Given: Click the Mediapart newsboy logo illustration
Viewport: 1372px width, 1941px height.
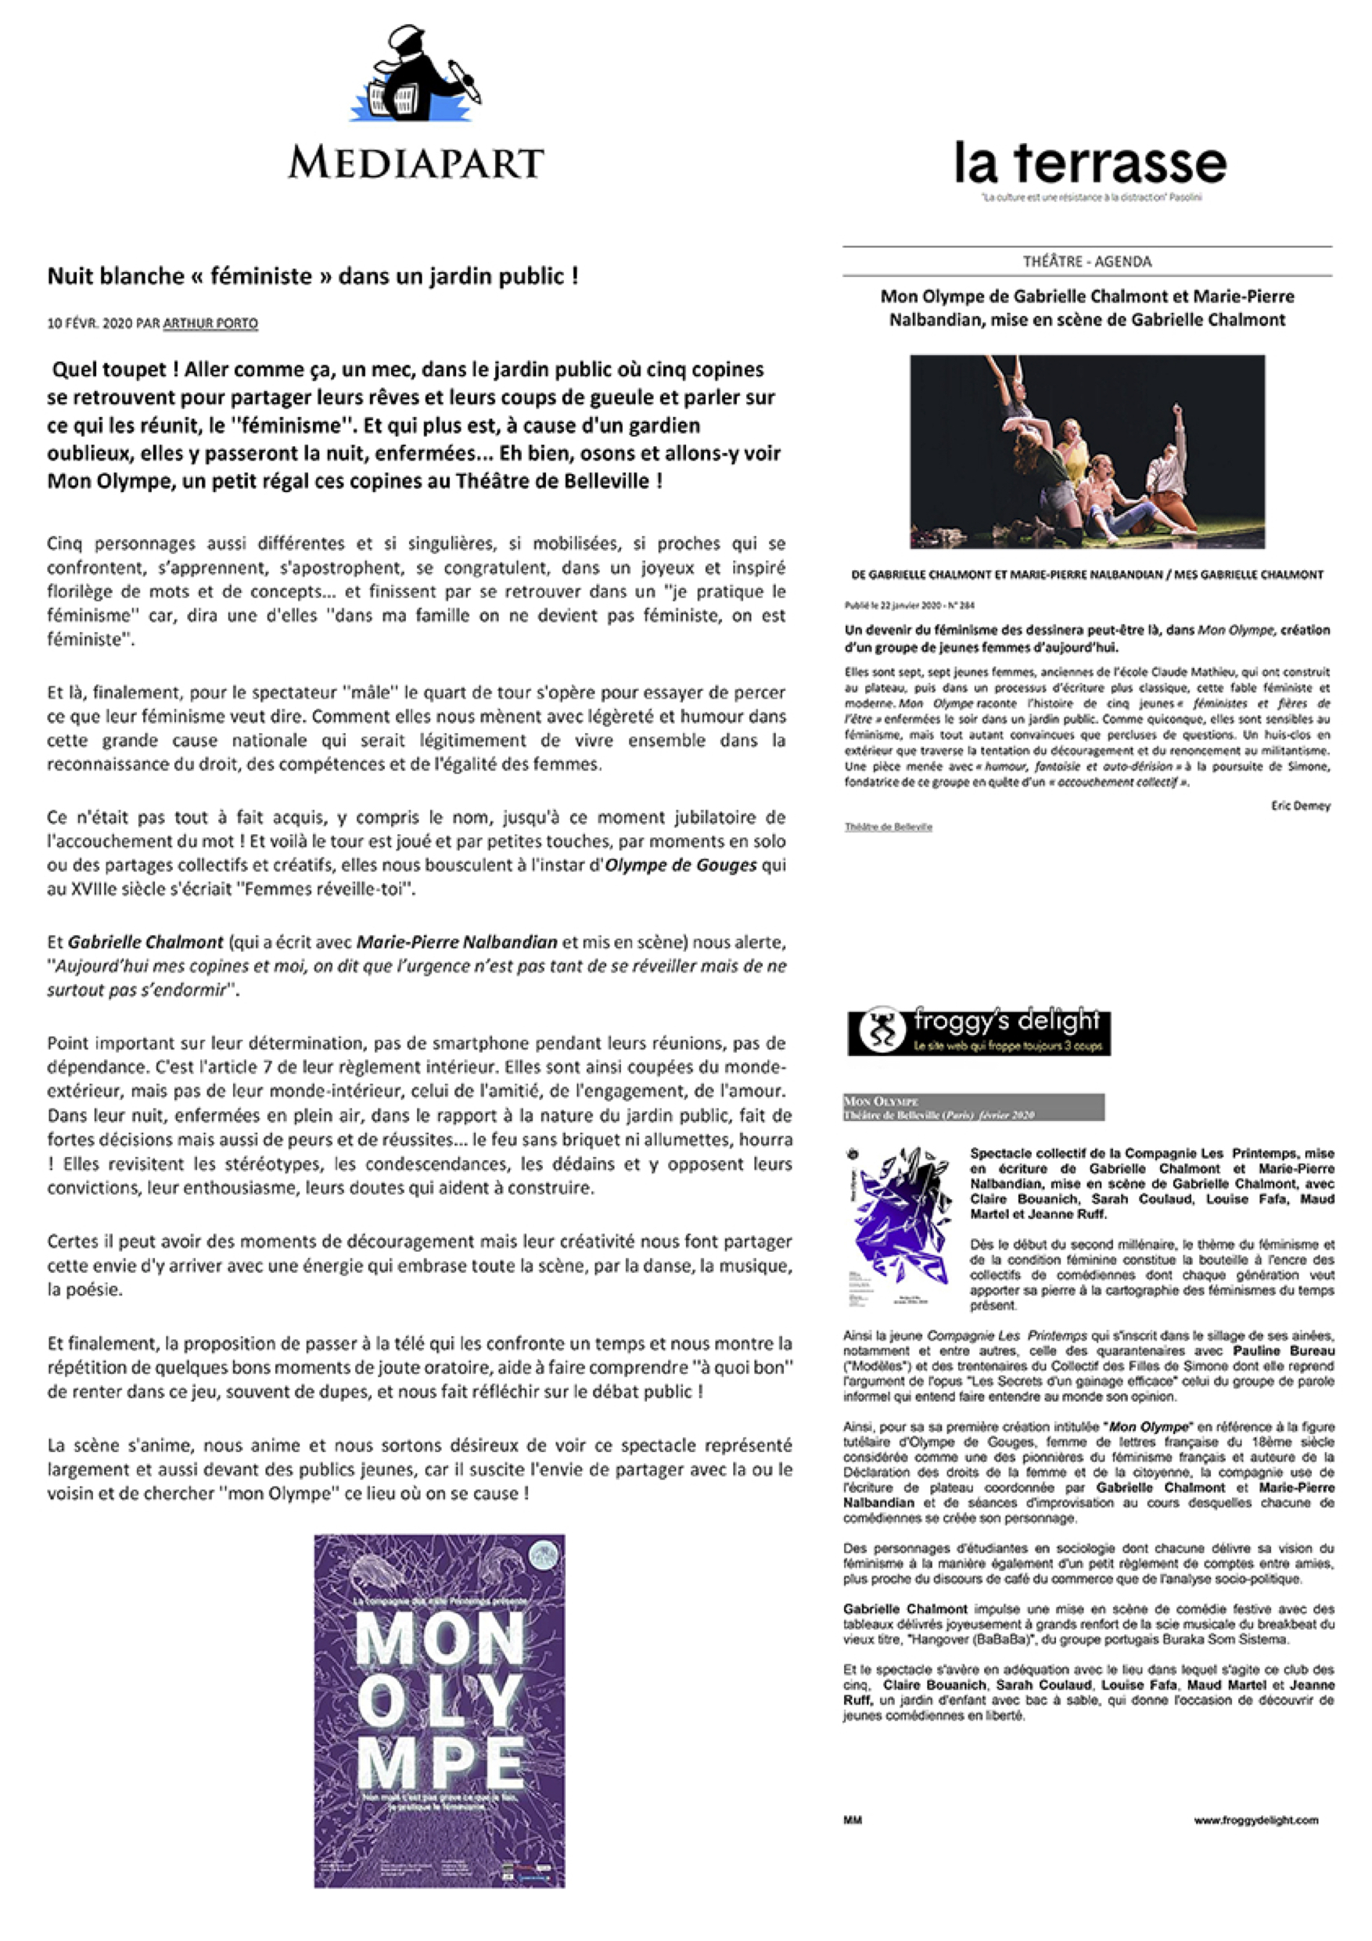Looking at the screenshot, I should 416,76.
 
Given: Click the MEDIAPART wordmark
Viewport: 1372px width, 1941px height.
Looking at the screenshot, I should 416,162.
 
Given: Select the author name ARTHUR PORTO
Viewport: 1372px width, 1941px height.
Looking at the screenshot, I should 210,323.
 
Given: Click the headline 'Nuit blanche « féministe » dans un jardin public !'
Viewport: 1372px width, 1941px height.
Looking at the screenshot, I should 313,275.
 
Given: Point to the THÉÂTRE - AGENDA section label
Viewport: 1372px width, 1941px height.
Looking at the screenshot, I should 1087,261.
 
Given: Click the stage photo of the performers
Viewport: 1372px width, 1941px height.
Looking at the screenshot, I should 1087,451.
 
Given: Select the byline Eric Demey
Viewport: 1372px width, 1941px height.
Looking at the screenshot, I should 1300,806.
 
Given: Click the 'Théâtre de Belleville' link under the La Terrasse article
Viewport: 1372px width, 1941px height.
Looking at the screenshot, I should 888,827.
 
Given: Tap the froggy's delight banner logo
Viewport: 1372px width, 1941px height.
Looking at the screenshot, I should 979,1032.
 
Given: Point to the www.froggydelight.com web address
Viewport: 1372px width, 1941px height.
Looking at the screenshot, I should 1255,1820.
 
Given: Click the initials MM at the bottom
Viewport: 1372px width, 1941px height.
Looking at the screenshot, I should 852,1820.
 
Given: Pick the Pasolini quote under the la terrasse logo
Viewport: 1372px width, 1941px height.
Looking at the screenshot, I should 1090,198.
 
